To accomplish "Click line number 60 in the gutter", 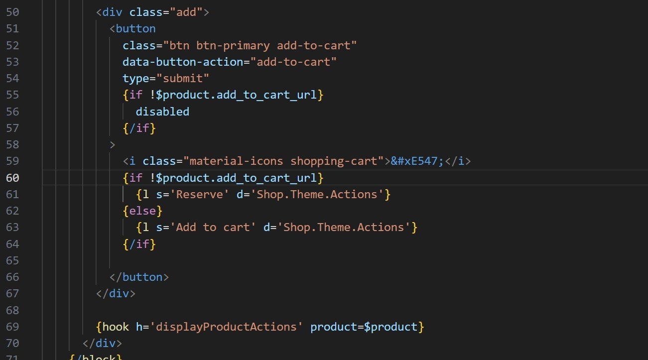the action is point(12,178).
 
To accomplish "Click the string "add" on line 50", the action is point(186,12).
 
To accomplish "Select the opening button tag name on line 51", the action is point(135,28).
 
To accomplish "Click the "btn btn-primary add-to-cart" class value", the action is point(260,45).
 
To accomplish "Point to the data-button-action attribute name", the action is point(182,62).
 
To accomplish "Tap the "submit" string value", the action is point(182,78).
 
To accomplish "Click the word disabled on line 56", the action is point(162,112).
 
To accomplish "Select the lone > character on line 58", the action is point(113,145).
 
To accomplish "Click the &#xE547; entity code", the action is point(417,161).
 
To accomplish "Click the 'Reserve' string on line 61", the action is point(199,194).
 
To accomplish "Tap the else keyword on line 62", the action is point(142,211).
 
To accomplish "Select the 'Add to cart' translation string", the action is point(213,227).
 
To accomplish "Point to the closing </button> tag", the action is point(139,277).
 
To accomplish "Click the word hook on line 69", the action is point(116,327).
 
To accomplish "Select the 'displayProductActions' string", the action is point(226,327).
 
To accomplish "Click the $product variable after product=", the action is point(390,327).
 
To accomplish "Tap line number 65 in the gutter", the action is point(12,260).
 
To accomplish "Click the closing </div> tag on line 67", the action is point(116,293).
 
